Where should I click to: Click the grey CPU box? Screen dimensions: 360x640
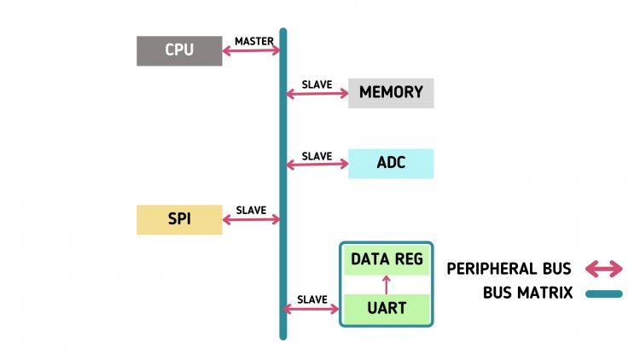179,50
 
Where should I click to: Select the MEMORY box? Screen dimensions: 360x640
391,93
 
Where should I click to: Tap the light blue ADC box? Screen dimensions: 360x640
391,164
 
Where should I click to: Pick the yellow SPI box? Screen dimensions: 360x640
179,220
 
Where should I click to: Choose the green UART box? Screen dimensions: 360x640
387,307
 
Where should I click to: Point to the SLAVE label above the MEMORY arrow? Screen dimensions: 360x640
317,84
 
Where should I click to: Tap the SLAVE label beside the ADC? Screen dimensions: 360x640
317,156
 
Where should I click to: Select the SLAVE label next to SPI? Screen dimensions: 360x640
251,211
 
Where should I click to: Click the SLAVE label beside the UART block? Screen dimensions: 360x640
312,299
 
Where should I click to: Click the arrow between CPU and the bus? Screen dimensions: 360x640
252,51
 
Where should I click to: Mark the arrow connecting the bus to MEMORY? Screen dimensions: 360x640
317,93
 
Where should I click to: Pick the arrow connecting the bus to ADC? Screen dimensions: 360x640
317,165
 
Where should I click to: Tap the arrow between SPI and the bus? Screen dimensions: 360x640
252,220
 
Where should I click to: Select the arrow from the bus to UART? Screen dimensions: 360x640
312,308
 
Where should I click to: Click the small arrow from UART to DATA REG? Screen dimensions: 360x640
387,284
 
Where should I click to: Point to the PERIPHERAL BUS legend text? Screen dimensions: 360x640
509,269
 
